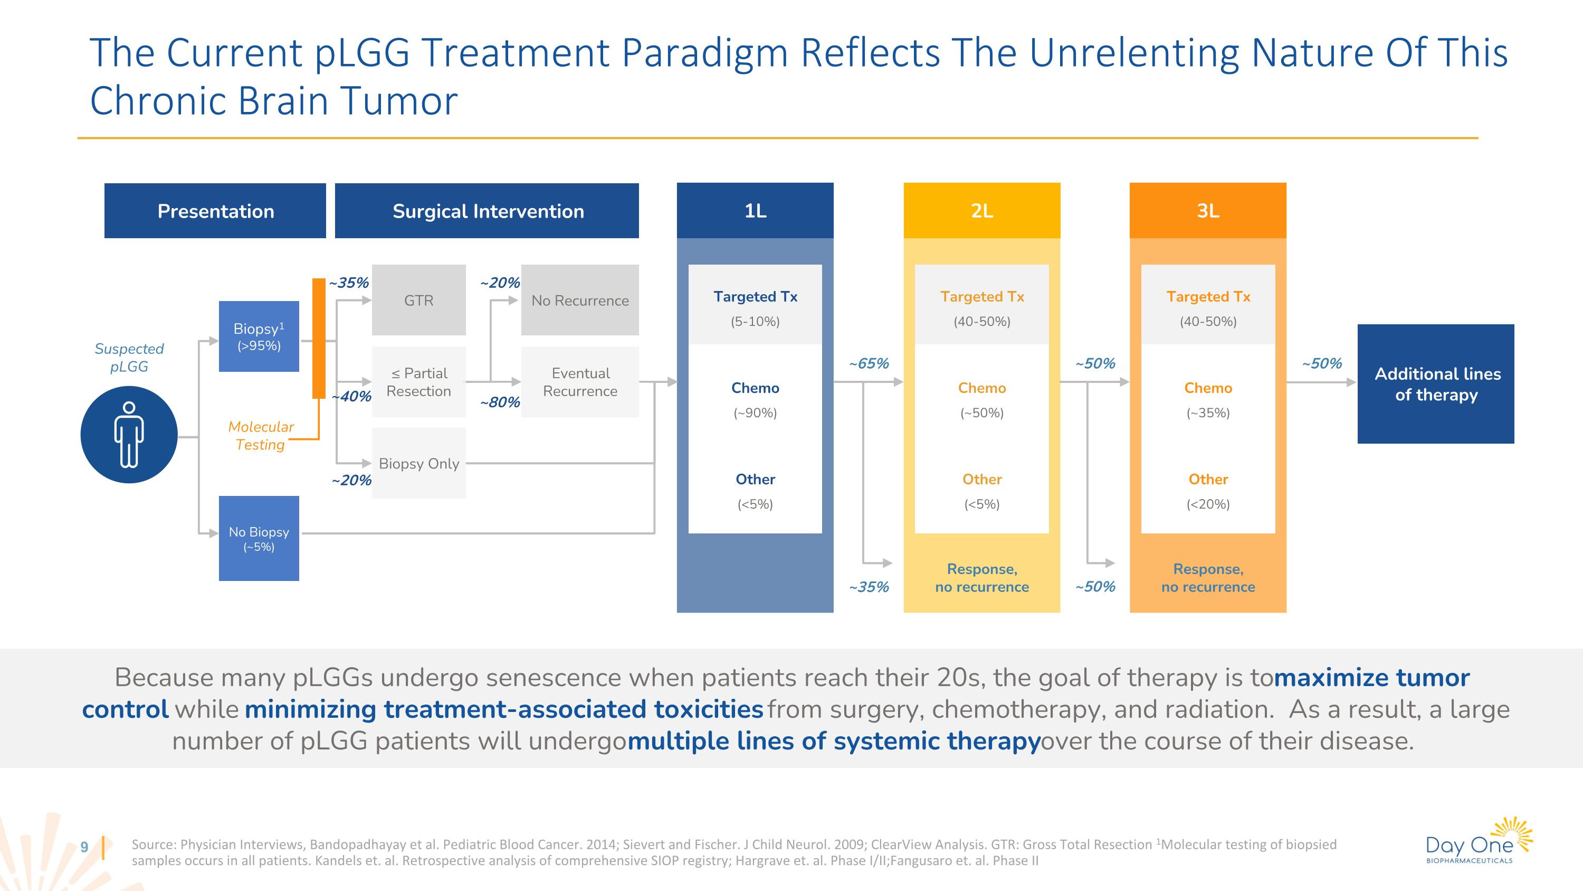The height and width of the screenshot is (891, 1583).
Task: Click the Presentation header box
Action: [215, 211]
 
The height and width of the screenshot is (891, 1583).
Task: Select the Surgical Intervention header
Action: [487, 211]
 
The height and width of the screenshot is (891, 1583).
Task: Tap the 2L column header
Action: [981, 211]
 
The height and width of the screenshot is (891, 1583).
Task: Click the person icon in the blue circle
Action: [129, 434]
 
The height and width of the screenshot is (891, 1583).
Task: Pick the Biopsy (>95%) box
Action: [259, 336]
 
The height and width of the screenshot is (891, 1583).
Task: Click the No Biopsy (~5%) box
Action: [259, 538]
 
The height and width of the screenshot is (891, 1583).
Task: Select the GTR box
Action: [418, 300]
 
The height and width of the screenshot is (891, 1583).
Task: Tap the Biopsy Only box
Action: [418, 463]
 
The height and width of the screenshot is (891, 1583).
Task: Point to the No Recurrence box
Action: [579, 300]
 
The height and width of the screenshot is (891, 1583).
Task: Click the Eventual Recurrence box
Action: [579, 382]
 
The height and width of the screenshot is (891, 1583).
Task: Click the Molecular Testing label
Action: [261, 435]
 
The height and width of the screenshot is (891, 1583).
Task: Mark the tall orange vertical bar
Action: [318, 338]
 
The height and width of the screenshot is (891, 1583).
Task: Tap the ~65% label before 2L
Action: [869, 363]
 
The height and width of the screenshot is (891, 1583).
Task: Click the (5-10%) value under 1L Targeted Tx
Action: [755, 321]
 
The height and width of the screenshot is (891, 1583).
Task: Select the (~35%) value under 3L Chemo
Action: [1207, 412]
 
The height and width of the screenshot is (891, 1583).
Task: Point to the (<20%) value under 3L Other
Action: [1207, 504]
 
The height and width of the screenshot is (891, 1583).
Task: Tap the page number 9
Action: [84, 847]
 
